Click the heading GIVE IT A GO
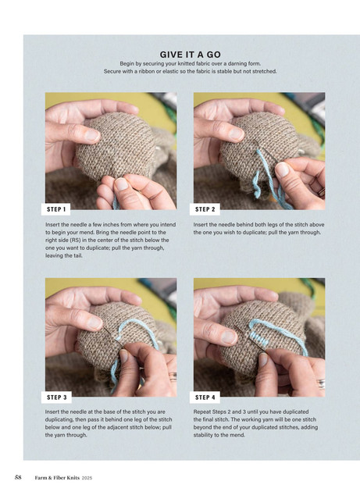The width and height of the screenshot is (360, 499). pos(190,55)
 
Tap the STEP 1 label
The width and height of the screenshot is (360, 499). pos(56,209)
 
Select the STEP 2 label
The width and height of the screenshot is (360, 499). pos(205,209)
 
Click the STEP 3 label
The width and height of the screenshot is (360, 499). pos(57,397)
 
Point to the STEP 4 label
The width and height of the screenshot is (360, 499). pos(205,397)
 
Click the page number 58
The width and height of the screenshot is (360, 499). pos(18,477)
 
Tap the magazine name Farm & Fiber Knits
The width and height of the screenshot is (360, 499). pos(57,477)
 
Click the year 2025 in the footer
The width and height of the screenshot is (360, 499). pos(87,478)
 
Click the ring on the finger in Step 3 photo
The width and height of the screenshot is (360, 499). pos(173,377)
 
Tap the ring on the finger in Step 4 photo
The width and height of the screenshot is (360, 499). pos(321,383)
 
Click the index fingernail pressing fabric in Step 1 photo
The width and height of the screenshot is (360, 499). pos(92,136)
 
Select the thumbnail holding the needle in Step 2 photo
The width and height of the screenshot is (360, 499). pos(282,169)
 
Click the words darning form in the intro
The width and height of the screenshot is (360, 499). pos(244,64)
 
